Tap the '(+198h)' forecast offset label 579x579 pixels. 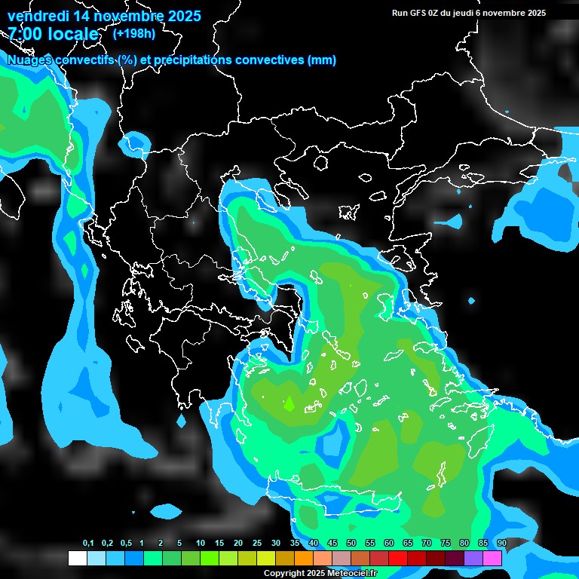(133, 33)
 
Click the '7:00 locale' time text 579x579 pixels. (53, 34)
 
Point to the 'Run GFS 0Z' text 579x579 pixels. (417, 13)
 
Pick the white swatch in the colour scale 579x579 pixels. (77, 558)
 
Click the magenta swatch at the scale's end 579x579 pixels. (492, 558)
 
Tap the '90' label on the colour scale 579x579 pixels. (501, 544)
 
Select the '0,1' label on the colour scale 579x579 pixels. (88, 544)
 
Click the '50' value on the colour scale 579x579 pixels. (351, 544)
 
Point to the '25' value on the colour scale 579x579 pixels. (257, 544)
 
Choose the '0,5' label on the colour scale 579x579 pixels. (126, 544)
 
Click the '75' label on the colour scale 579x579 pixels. (446, 544)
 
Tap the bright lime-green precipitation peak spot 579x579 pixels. (288, 403)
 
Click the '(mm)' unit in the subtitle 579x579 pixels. (322, 60)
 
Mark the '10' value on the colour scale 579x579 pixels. (201, 544)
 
